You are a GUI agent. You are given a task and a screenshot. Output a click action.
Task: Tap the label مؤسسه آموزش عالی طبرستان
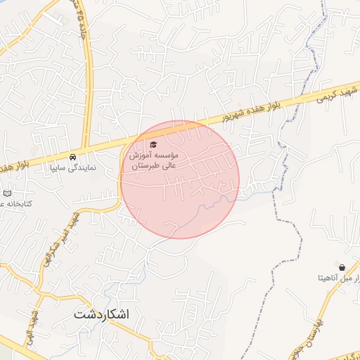(x=154, y=160)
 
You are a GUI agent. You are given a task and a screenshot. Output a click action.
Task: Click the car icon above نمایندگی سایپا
(x=73, y=157)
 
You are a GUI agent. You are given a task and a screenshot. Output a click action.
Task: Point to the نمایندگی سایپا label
(x=73, y=169)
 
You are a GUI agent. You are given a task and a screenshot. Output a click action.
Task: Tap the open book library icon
(x=8, y=193)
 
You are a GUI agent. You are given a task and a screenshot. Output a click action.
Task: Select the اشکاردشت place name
(x=102, y=314)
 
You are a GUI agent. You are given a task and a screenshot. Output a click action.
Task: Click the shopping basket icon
(x=342, y=268)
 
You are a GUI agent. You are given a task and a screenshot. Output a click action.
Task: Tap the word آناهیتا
(x=326, y=279)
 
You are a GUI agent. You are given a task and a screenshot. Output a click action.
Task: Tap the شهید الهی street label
(x=30, y=324)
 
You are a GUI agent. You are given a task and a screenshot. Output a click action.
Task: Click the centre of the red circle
(x=180, y=179)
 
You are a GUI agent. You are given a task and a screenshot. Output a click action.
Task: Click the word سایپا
(x=60, y=169)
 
